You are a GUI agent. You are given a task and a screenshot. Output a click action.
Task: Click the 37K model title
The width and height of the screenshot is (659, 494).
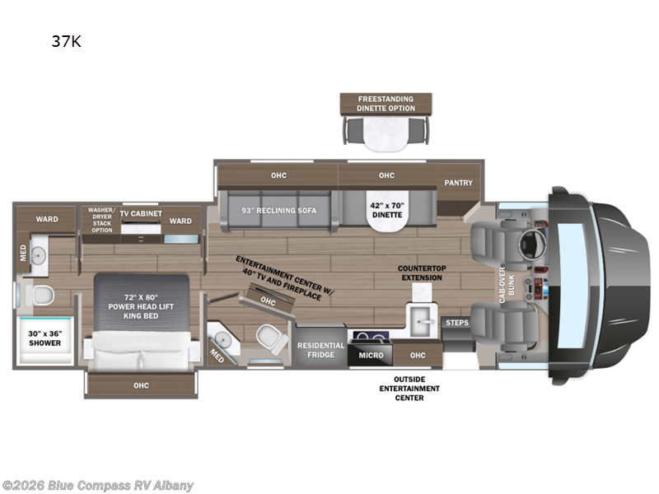[x=66, y=42]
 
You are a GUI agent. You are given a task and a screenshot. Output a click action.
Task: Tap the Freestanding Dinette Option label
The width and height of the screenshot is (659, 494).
[x=386, y=103]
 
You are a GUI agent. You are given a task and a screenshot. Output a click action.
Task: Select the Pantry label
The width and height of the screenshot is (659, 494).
[x=458, y=183]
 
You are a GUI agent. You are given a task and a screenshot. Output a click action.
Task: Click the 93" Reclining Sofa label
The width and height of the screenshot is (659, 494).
[x=279, y=210]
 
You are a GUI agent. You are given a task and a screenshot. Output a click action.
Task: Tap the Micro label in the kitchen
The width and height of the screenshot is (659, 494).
[x=370, y=355]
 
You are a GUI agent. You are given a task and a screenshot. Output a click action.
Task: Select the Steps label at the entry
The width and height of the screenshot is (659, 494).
[x=456, y=323]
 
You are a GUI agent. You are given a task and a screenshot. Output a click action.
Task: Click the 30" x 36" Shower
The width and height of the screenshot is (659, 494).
[x=45, y=338]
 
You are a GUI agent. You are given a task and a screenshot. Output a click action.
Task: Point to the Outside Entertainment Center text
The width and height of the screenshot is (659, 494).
[x=409, y=388]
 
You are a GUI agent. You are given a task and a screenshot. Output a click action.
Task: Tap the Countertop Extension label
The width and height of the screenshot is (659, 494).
[x=420, y=273]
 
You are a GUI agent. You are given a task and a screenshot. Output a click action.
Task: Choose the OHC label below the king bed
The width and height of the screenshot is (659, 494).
[x=142, y=384]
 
